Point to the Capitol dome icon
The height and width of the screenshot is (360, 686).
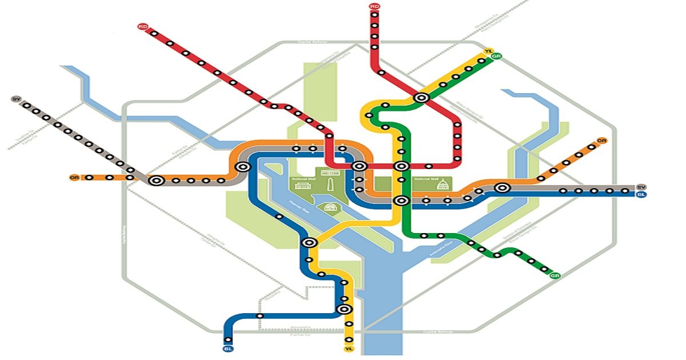click(442, 185)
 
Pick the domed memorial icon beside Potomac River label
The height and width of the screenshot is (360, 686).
click(330, 208)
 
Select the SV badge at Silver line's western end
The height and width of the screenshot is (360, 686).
click(15, 99)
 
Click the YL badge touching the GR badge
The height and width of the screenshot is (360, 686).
click(488, 51)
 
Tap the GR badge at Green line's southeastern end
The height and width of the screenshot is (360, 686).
click(554, 276)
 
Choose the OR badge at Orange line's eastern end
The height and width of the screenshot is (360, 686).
click(601, 141)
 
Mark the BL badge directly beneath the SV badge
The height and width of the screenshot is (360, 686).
click(641, 195)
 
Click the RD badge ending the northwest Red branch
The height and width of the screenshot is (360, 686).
click(142, 26)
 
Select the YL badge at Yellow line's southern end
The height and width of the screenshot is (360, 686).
click(348, 349)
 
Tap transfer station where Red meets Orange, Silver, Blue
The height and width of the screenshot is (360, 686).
click(359, 166)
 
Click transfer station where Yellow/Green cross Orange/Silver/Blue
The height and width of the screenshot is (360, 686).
click(401, 201)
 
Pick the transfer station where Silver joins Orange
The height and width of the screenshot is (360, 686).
click(156, 181)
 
